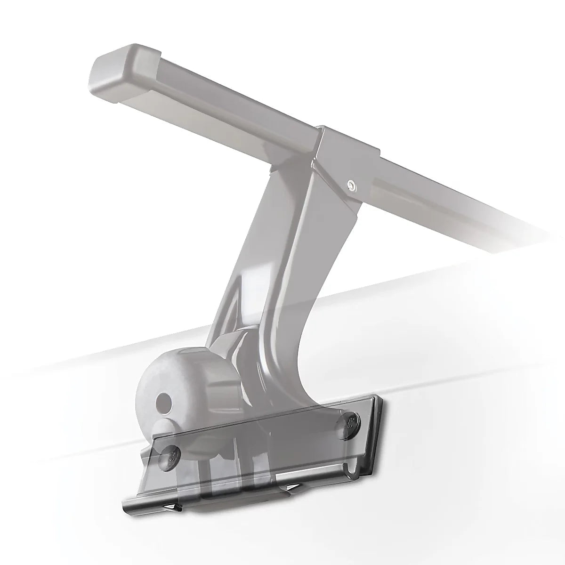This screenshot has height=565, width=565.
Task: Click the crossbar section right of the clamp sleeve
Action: point(447,202)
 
